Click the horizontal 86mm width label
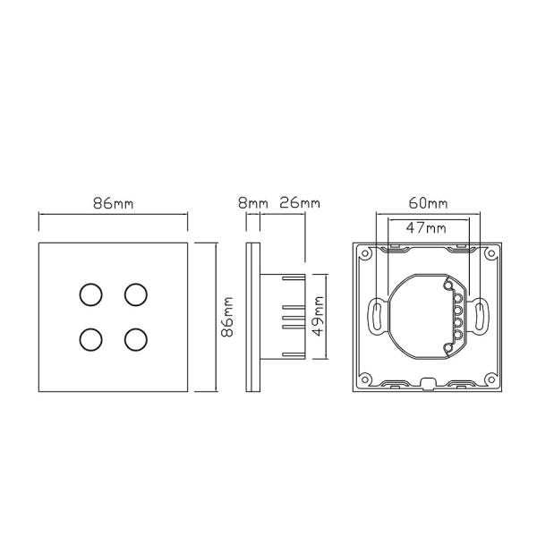tap(113, 203)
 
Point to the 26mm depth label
tap(299, 203)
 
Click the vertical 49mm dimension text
tap(319, 314)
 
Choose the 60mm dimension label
tap(428, 203)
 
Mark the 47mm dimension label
tap(425, 227)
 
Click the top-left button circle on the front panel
tap(90, 294)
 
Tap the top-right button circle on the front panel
tap(135, 294)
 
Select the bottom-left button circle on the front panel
tap(90, 339)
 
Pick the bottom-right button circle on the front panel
tap(135, 339)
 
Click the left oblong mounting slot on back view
tap(376, 316)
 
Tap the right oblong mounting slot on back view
tap(481, 316)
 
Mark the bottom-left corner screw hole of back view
tap(366, 379)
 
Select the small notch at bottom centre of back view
tap(429, 387)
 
